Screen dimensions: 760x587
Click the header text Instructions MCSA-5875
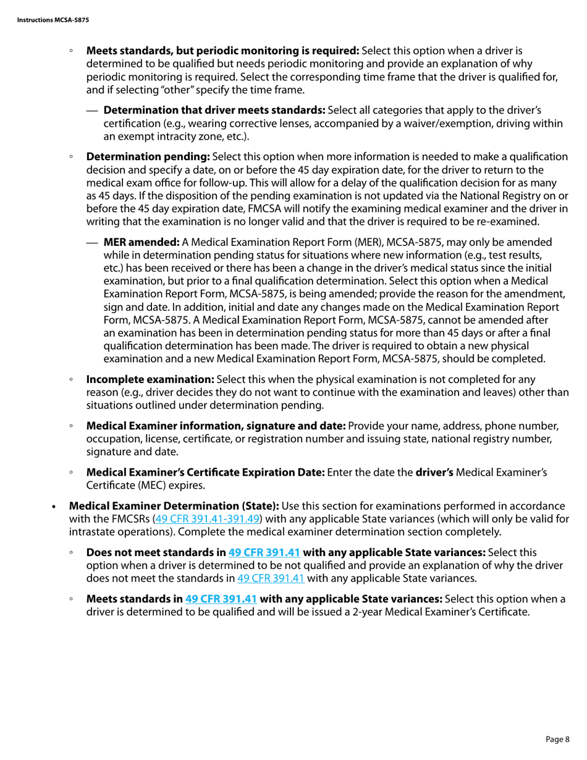(x=53, y=20)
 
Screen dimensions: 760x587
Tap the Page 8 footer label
(x=558, y=739)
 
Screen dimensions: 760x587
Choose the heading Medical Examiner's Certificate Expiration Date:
(x=205, y=473)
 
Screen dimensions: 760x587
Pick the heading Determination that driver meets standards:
(x=214, y=111)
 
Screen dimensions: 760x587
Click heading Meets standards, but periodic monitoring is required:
(x=222, y=51)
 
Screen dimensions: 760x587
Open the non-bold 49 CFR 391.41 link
(x=271, y=578)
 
